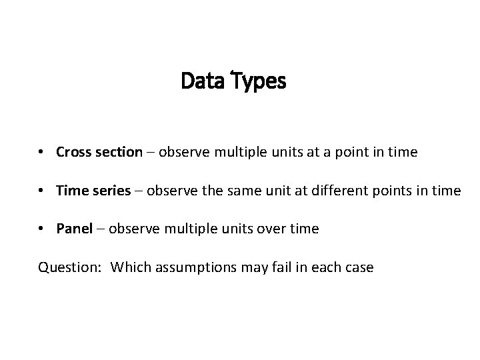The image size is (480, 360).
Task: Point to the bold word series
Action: coord(112,191)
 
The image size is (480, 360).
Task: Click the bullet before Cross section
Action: coord(41,153)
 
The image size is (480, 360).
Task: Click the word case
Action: coord(359,268)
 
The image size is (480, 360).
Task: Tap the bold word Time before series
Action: coord(71,191)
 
